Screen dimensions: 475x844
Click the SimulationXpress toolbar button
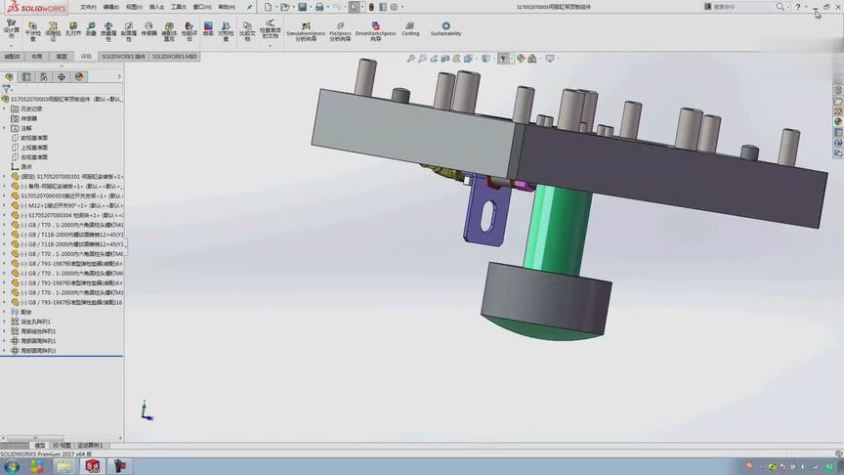pos(306,30)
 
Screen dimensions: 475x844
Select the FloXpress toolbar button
pos(341,30)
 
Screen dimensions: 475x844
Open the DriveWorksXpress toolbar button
pos(375,30)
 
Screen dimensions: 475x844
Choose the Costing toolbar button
pos(410,28)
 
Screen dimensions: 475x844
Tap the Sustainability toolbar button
pos(445,28)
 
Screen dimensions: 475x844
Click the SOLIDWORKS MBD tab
pos(176,57)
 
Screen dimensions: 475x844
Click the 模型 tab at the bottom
pos(39,445)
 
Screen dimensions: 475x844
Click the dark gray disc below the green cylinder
pos(547,293)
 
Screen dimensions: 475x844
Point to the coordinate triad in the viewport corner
pos(146,410)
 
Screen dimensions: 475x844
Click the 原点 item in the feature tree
pos(26,166)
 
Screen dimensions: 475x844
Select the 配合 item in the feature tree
pos(26,312)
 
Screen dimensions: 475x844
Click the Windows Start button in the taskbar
pos(11,466)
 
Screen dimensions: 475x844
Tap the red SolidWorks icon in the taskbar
pos(92,466)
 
